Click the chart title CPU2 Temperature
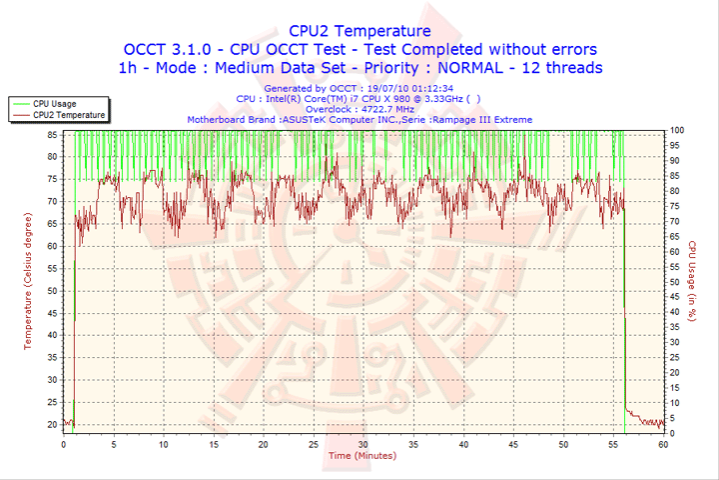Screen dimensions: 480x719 tap(359, 31)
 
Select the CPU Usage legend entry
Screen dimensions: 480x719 tap(55, 103)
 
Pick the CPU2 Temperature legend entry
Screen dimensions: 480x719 tap(69, 115)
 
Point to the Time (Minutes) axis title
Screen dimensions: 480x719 tap(361, 456)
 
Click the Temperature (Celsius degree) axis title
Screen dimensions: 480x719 tap(28, 279)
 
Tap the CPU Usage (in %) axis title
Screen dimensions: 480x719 tap(691, 279)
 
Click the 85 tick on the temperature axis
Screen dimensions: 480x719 tap(53, 130)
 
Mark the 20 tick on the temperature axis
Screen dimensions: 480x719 tap(53, 424)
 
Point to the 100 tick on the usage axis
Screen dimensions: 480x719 tap(677, 130)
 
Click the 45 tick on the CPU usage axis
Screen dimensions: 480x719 tap(675, 297)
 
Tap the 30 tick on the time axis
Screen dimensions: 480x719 tap(362, 443)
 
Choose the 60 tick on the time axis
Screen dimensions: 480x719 tap(663, 443)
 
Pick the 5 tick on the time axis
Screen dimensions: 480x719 tap(113, 443)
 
